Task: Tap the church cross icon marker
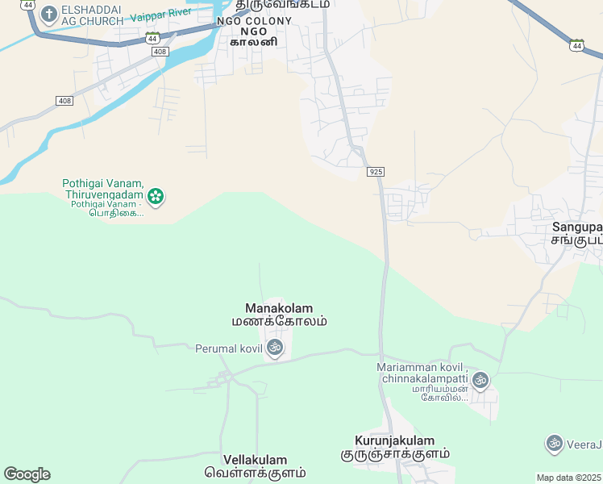point(48,14)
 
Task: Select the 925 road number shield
point(375,172)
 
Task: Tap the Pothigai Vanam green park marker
point(156,195)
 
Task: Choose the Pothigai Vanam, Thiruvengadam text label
point(102,189)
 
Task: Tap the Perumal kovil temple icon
point(274,348)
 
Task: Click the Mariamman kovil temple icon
point(480,379)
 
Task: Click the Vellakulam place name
point(256,459)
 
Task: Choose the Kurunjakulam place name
point(394,440)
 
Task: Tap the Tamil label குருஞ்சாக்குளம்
point(394,454)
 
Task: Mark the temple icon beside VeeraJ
point(554,443)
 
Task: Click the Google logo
point(27,474)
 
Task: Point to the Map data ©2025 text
point(569,478)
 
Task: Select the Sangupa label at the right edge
point(577,227)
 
